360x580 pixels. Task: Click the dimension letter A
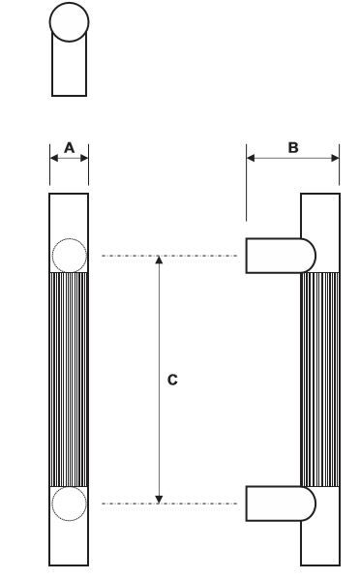[x=69, y=148]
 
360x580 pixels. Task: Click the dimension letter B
[x=293, y=147]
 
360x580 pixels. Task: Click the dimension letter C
[x=172, y=380]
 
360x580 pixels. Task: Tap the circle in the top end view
[x=69, y=22]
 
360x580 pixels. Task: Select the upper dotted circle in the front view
[x=69, y=256]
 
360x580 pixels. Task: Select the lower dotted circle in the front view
[x=69, y=504]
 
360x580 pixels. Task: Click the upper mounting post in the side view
[x=281, y=256]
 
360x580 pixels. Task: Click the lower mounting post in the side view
[x=281, y=504]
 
